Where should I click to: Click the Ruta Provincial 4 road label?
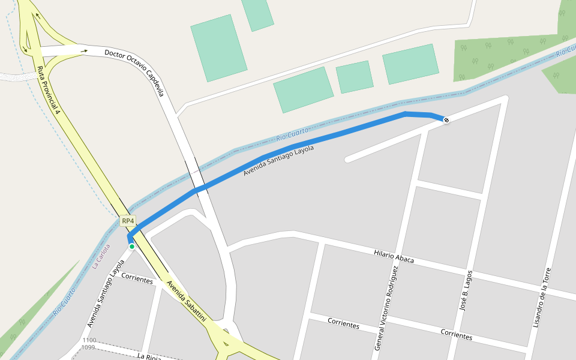49,90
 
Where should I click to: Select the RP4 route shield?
128,221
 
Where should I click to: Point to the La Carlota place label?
101,255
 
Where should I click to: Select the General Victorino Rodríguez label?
386,308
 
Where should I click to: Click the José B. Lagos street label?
466,290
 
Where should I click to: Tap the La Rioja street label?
149,356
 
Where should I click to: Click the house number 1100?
89,340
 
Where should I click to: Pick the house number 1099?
88,347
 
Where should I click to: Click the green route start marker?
132,246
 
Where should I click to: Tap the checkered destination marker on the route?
446,121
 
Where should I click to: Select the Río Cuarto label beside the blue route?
292,134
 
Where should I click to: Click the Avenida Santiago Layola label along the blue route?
278,161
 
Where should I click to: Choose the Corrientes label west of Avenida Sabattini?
137,278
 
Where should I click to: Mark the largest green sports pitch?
218,48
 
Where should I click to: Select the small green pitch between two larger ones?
355,77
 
